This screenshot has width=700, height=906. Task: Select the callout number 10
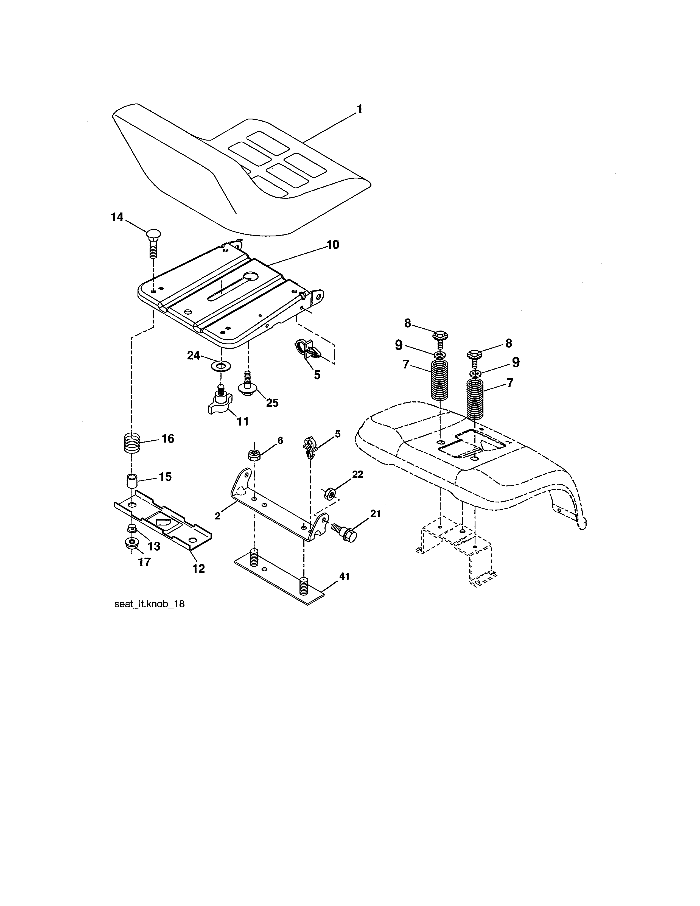[333, 245]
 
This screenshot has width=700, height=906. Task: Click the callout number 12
[199, 569]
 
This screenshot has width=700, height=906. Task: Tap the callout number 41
[345, 576]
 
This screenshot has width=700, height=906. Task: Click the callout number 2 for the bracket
[217, 516]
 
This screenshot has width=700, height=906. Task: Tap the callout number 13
[154, 546]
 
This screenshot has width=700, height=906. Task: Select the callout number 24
[193, 356]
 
